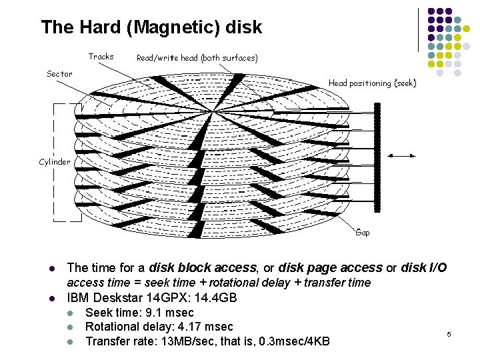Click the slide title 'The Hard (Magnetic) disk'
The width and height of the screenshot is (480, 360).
point(151,27)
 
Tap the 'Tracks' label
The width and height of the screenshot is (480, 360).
point(101,57)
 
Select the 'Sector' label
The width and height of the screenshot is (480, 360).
point(60,73)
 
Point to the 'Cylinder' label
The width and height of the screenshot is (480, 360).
point(55,162)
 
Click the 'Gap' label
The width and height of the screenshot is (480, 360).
point(363,233)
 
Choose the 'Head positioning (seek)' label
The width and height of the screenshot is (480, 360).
point(372,83)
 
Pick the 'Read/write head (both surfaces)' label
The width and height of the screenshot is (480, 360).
point(197,58)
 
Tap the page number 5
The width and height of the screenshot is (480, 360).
point(449,333)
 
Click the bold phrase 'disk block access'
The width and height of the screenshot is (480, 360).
point(203,268)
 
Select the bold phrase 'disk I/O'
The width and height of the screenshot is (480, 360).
point(424,268)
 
